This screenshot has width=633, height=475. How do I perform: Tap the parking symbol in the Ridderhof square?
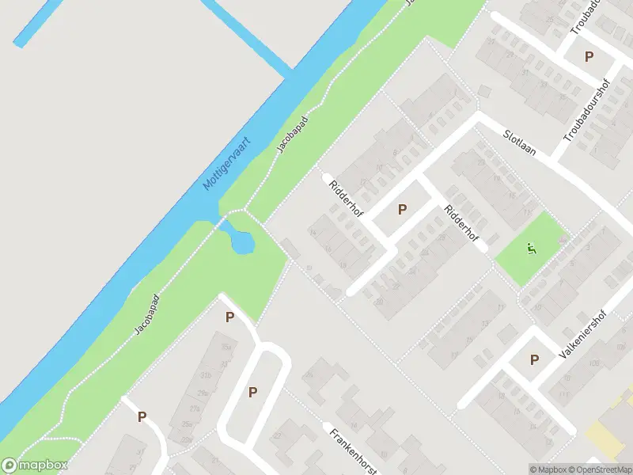click(402, 210)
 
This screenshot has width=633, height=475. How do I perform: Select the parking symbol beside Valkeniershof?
click(534, 360)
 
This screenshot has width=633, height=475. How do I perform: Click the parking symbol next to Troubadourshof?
click(589, 56)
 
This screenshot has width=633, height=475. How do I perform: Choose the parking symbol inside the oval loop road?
click(253, 392)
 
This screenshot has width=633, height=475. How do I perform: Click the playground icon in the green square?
click(532, 249)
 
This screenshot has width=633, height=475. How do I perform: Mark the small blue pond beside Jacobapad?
click(241, 239)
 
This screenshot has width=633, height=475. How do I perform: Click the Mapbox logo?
click(35, 465)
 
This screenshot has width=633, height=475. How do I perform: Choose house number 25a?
click(186, 425)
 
